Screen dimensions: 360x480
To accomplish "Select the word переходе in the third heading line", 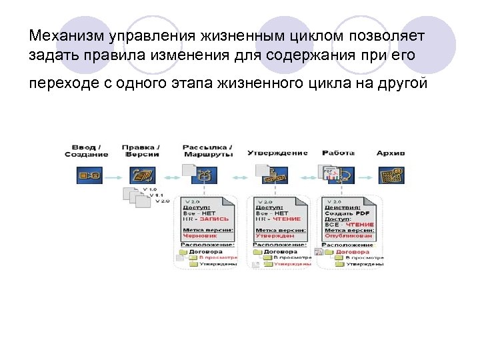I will (x=58, y=85).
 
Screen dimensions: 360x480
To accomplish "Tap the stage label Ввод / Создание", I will (x=86, y=150).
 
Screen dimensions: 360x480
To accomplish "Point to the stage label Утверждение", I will (x=277, y=152).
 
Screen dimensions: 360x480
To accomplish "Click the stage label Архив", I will (x=390, y=152).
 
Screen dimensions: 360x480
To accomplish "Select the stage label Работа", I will (x=337, y=152).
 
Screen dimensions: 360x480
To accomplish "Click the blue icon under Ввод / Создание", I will (x=87, y=176).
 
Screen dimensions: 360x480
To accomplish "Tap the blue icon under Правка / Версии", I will (x=142, y=176).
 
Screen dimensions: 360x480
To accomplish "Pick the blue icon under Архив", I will (x=391, y=176).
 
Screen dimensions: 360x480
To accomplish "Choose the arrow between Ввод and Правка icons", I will (x=113, y=177).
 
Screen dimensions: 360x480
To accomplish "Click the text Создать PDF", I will (x=342, y=212).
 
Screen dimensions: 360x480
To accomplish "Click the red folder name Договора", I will (x=353, y=252).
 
